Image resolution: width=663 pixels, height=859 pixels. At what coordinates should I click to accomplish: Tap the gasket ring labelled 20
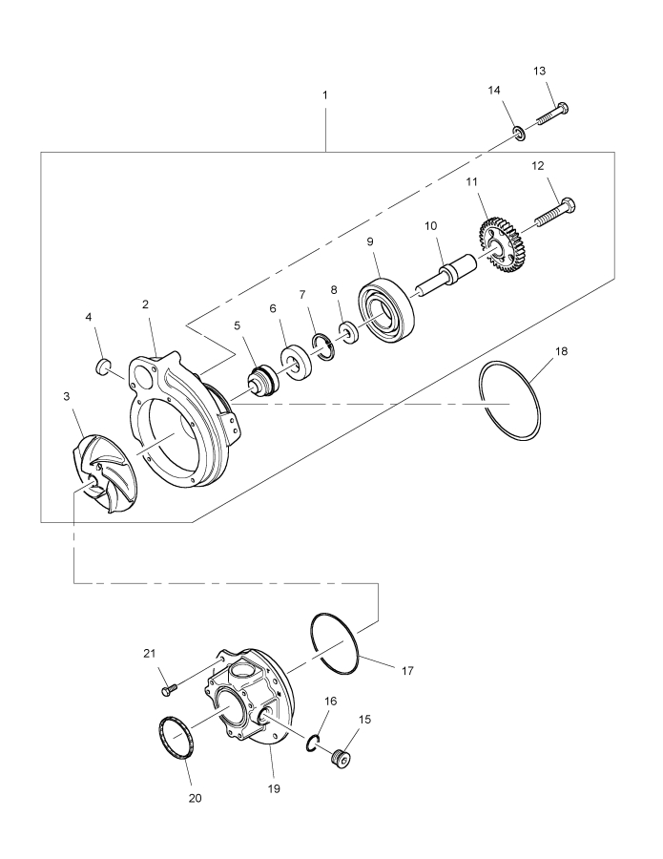[x=173, y=740]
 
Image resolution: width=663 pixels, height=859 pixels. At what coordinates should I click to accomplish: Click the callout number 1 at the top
[x=326, y=97]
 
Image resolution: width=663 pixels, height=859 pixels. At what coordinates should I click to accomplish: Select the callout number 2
[x=145, y=304]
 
